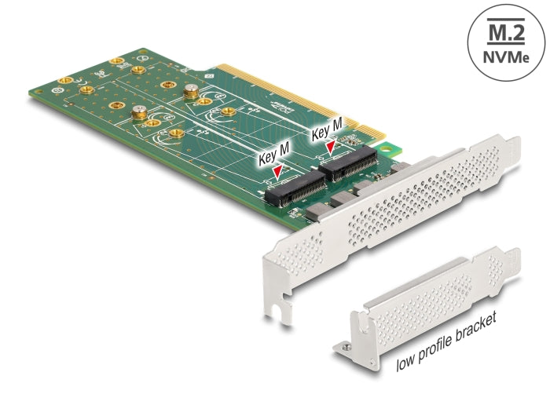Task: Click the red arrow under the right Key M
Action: coord(331,145)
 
